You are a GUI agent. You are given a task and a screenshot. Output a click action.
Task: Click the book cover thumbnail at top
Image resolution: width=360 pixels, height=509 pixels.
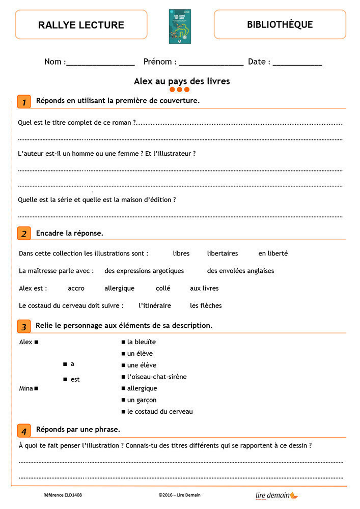pos(180,26)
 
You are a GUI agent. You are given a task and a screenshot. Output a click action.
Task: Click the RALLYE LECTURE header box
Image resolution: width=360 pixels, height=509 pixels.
pos(81,24)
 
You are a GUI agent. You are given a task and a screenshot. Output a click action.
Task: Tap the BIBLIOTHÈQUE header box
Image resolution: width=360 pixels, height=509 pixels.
pos(280,24)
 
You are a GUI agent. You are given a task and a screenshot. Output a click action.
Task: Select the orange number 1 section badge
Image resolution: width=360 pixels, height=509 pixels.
pos(23,101)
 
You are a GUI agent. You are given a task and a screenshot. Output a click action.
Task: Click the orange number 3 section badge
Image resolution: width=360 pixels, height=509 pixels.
pos(23,326)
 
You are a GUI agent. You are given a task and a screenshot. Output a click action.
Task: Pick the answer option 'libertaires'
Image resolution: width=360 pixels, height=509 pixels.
pos(223,253)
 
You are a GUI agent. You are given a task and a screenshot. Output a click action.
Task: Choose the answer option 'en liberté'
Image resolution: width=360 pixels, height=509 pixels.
pos(273,253)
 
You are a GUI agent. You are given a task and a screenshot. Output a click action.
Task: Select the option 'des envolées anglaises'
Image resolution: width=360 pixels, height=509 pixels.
pos(240,271)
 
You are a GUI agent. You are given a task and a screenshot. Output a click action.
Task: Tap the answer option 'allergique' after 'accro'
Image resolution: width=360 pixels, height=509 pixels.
pos(119,288)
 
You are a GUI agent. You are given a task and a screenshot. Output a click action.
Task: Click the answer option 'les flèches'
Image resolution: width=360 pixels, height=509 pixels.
pos(206,306)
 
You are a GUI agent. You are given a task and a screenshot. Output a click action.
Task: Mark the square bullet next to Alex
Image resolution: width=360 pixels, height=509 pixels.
pos(37,343)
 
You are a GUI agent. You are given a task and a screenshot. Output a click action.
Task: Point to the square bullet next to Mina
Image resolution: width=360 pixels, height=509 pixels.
pos(37,389)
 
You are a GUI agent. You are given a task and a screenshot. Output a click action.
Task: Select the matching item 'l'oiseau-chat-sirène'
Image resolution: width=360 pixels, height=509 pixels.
pos(156,377)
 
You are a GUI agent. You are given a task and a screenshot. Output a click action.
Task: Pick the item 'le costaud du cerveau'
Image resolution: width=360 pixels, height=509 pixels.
pos(159,412)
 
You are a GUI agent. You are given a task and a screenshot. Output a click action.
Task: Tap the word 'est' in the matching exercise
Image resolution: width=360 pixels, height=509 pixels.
pos(75,380)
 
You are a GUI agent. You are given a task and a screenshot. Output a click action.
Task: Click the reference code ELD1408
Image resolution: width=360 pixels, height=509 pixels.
pos(62,495)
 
